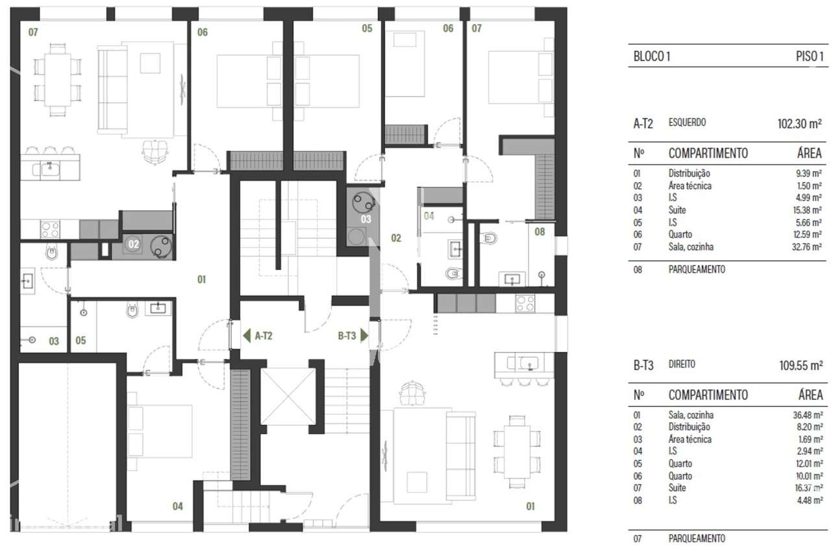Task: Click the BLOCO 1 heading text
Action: click(x=651, y=56)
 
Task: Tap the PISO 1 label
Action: click(x=810, y=56)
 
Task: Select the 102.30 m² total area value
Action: click(x=800, y=123)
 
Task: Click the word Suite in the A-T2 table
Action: click(x=677, y=210)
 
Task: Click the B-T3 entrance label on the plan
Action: click(x=347, y=336)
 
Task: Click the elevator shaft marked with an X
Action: click(x=287, y=396)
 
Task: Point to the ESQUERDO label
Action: click(x=687, y=122)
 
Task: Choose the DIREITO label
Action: click(x=682, y=365)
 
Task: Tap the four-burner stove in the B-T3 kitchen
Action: click(x=525, y=303)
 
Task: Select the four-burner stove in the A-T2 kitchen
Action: click(x=50, y=229)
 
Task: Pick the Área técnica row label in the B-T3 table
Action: click(x=689, y=440)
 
